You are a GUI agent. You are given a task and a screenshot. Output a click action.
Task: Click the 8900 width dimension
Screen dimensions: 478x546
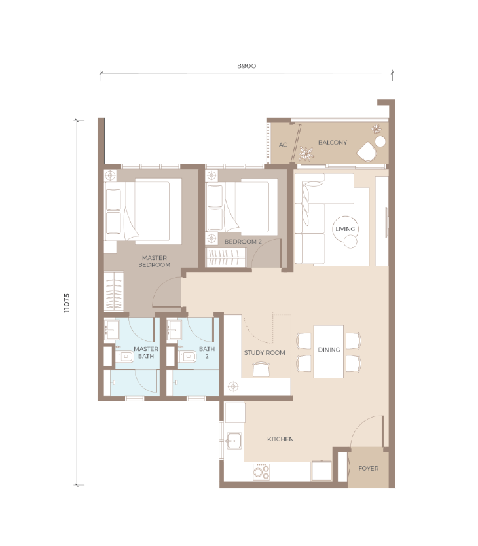[247, 66]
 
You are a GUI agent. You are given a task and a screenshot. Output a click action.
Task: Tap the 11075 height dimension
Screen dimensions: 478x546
[67, 302]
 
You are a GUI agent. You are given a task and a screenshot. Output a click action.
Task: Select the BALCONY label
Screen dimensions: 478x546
[333, 143]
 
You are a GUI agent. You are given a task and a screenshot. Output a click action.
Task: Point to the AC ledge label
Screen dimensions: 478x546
[283, 145]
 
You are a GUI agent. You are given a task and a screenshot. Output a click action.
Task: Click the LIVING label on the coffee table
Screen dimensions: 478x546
[345, 228]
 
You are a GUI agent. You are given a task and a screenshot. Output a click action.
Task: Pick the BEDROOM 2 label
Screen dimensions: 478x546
[243, 242]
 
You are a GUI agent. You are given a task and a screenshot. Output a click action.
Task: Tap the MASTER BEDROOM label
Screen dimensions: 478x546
[155, 261]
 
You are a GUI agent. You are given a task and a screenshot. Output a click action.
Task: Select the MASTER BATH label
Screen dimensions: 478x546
[146, 352]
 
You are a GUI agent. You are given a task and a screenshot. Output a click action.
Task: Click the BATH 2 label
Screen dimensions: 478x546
[207, 352]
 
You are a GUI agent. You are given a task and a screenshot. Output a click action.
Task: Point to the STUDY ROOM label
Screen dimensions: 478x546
[265, 352]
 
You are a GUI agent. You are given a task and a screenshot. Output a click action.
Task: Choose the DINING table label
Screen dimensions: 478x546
[329, 349]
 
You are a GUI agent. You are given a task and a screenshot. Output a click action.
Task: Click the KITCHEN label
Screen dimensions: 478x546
[280, 439]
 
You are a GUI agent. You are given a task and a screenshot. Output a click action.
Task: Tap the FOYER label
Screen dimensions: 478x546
[368, 468]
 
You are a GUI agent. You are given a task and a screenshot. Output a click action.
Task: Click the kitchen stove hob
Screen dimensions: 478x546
[261, 472]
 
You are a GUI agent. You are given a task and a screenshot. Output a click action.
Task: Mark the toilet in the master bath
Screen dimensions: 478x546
[124, 357]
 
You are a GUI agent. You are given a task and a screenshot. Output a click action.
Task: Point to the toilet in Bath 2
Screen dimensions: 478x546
[187, 357]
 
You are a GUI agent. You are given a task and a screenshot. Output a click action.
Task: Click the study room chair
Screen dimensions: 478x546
[261, 369]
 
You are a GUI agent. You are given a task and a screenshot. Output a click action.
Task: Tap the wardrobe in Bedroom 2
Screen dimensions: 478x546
[226, 257]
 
